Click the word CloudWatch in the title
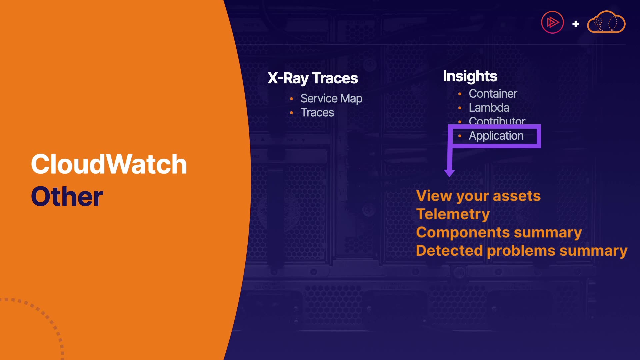109,164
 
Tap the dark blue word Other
67,196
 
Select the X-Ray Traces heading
313,78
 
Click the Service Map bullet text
331,99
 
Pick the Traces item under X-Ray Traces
317,113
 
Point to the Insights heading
470,76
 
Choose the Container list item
493,94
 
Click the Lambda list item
489,108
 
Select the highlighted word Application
496,136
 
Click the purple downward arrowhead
449,173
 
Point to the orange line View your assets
478,196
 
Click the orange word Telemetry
453,214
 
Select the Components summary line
499,233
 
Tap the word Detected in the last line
449,250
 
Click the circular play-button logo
552,22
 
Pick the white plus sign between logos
576,24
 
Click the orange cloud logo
606,22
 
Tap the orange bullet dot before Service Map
291,99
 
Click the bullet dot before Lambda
460,108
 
